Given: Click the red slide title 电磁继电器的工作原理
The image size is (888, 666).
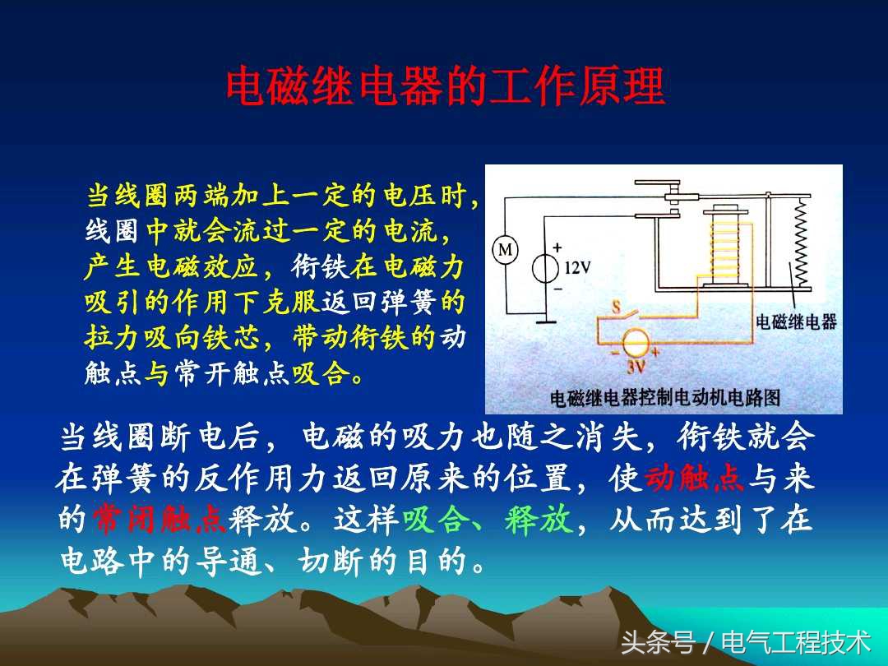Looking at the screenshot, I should click(445, 87).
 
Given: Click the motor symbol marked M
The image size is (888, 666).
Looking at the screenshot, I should click(506, 250).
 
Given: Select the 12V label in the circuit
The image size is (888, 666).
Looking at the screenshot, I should click(578, 267).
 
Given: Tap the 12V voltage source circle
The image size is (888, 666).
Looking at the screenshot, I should click(546, 268).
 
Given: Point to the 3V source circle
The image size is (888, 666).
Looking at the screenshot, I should click(635, 343).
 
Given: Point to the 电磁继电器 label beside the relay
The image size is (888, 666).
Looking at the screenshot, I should click(795, 321).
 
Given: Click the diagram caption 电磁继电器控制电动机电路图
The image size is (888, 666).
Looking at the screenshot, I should click(664, 399).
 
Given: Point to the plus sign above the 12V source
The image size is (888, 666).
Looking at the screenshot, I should click(557, 247).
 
